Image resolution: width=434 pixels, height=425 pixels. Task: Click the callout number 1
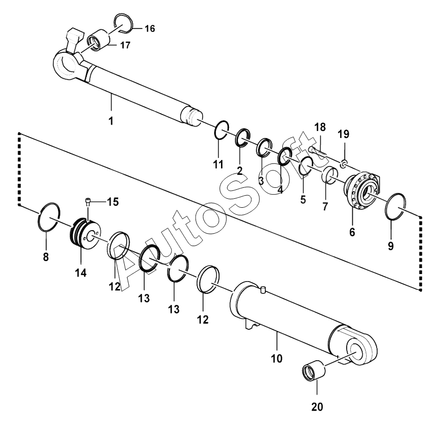tap(111, 121)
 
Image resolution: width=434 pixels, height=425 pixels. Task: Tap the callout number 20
tap(317, 407)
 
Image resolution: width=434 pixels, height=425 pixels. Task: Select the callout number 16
tap(149, 28)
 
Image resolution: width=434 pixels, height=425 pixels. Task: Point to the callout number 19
tap(344, 134)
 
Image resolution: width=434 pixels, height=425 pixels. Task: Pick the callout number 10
tap(276, 358)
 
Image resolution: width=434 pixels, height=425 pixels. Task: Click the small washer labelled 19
tap(343, 163)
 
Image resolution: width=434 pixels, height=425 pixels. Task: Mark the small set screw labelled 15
tap(87, 202)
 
